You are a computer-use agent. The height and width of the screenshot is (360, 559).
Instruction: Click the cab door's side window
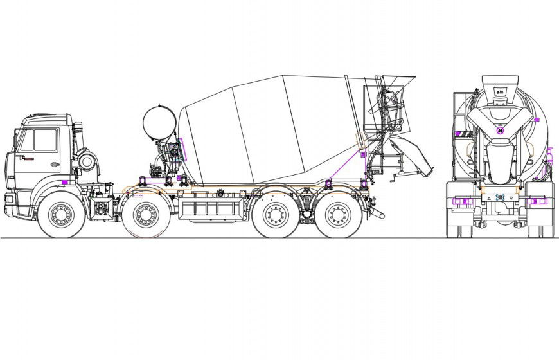pos(45,139)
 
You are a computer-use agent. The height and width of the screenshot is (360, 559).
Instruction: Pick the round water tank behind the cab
pos(158,121)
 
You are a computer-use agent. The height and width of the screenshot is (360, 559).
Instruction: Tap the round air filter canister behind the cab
pos(87,161)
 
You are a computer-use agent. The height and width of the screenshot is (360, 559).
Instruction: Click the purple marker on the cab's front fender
pos(65,183)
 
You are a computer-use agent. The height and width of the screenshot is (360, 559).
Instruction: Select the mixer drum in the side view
pos(270,129)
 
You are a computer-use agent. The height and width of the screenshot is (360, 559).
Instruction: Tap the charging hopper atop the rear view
pos(500,86)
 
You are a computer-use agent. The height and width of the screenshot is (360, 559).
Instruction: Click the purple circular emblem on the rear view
pos(500,129)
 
